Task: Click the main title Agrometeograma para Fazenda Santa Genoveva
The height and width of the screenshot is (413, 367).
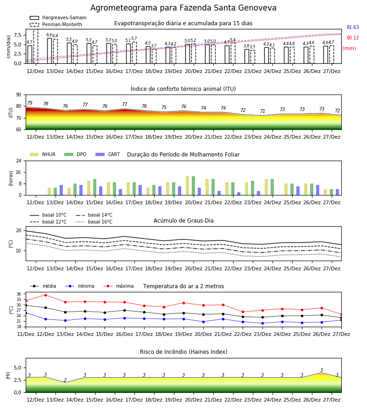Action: click(x=183, y=8)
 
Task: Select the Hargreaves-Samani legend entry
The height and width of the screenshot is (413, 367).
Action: click(x=58, y=17)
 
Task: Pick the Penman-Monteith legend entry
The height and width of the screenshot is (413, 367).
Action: click(x=56, y=24)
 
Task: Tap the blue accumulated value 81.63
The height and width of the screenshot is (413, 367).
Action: click(x=353, y=27)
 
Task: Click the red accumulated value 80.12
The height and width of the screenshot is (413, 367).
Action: click(x=353, y=38)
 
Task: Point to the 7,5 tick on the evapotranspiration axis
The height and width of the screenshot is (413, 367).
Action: click(x=17, y=35)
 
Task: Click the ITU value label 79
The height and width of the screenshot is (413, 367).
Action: click(x=30, y=103)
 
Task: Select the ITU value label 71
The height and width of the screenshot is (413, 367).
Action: click(x=262, y=111)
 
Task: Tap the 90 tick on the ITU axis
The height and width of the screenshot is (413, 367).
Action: click(x=19, y=95)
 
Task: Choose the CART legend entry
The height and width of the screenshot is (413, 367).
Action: click(x=108, y=154)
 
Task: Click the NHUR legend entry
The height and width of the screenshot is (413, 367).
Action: click(x=43, y=154)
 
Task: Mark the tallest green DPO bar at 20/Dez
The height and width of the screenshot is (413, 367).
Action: click(x=194, y=186)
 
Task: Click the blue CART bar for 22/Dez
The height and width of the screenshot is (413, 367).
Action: click(x=239, y=194)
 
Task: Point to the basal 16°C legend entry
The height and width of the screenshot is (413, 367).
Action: click(x=94, y=222)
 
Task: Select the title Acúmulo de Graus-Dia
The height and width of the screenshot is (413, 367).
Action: click(x=183, y=220)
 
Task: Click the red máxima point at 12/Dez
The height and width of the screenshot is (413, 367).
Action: click(x=45, y=295)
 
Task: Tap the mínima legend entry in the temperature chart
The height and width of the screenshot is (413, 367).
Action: click(x=80, y=286)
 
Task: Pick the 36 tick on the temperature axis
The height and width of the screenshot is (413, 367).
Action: click(x=19, y=294)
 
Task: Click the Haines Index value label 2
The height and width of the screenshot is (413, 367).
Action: click(x=65, y=380)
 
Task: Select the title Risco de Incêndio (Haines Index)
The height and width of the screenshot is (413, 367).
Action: click(x=183, y=352)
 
